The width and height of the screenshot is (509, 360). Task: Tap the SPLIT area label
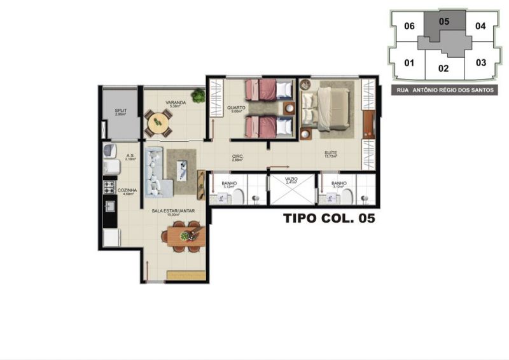(x=120, y=111)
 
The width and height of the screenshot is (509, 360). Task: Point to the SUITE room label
(x=330, y=153)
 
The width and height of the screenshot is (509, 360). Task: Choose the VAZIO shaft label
(x=291, y=180)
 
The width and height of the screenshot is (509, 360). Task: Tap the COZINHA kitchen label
(x=126, y=190)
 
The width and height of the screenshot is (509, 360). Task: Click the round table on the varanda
(x=158, y=122)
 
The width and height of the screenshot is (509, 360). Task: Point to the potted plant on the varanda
(x=199, y=97)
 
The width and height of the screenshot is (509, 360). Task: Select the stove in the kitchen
(x=109, y=188)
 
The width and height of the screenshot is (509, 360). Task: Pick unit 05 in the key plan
(x=444, y=22)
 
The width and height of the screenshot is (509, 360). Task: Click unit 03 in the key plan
(x=481, y=62)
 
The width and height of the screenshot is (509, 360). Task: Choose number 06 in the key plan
(x=410, y=26)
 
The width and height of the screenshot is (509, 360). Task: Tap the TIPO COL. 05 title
(x=328, y=219)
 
